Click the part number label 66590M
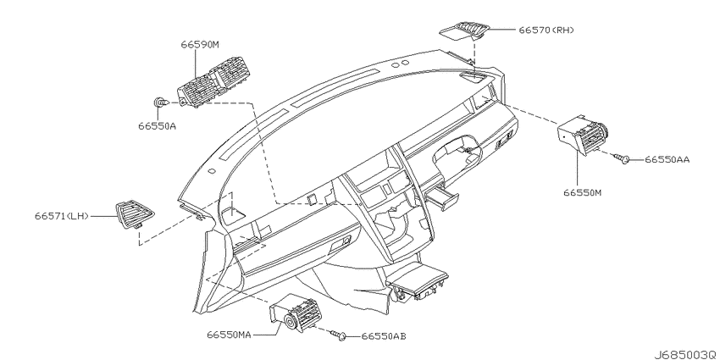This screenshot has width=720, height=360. pyautogui.click(x=200, y=45)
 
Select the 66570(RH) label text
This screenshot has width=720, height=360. pyautogui.click(x=546, y=30)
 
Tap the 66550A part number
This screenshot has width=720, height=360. pyautogui.click(x=157, y=125)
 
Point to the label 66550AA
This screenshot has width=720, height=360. pyautogui.click(x=667, y=159)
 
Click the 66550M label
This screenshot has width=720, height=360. pyautogui.click(x=582, y=192)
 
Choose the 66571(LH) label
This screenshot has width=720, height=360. pyautogui.click(x=61, y=215)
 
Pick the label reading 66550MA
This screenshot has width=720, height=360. pyautogui.click(x=228, y=335)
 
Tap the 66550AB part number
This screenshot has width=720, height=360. pyautogui.click(x=384, y=336)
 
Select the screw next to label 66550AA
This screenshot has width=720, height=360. pyautogui.click(x=621, y=159)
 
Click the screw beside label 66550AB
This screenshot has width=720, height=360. pyautogui.click(x=339, y=335)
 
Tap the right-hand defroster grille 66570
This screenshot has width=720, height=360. pyautogui.click(x=465, y=30)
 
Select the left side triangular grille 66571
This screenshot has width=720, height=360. pyautogui.click(x=135, y=214)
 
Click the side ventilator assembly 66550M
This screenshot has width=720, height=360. pyautogui.click(x=582, y=136)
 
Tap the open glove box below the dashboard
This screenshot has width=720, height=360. pyautogui.click(x=418, y=280)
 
